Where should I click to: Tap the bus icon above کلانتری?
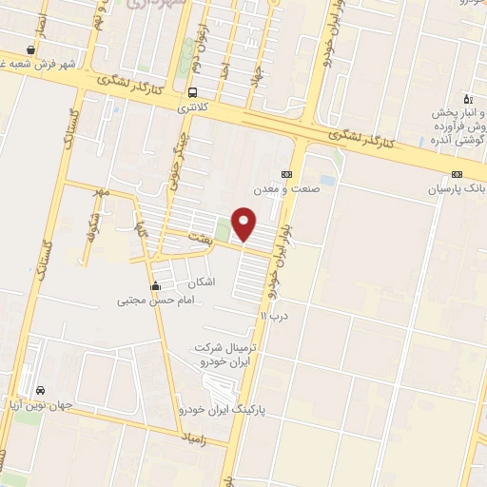[x=193, y=93]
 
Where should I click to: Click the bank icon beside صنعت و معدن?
[x=286, y=174]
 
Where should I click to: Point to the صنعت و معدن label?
[x=306, y=188]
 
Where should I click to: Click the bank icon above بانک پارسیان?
[x=458, y=175]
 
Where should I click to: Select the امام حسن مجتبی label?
[x=154, y=301]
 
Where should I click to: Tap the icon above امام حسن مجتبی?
[x=155, y=286]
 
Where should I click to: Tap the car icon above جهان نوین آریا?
[x=40, y=391]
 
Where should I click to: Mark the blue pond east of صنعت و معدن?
[x=328, y=179]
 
